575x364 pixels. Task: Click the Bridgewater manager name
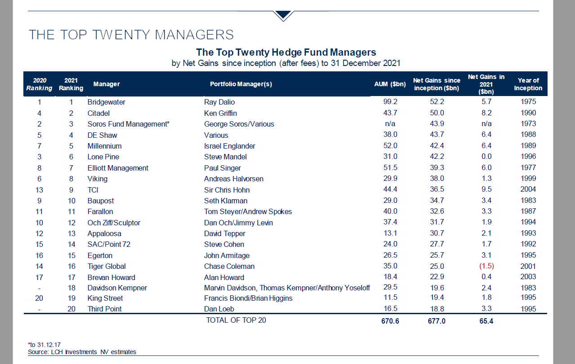click(106, 102)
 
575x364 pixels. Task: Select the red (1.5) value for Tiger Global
click(486, 266)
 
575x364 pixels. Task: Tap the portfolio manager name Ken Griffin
click(220, 113)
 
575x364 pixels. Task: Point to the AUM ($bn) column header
click(390, 84)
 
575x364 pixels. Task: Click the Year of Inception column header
click(528, 84)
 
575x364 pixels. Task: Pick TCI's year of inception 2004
click(528, 189)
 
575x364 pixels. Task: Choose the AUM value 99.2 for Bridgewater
click(390, 101)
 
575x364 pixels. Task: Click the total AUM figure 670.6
click(390, 321)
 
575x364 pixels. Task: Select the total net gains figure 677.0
click(437, 321)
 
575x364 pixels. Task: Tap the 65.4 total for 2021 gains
click(486, 321)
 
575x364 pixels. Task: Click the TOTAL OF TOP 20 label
click(236, 320)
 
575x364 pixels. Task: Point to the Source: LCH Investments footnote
click(82, 352)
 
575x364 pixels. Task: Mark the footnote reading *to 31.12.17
click(44, 345)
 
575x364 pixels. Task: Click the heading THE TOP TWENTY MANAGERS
click(131, 35)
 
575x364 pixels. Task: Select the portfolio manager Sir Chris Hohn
click(227, 190)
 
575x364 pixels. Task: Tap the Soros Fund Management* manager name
click(128, 124)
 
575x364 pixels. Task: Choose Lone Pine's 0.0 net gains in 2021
click(486, 156)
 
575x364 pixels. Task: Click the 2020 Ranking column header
click(39, 84)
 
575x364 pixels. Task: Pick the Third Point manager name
click(104, 309)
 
